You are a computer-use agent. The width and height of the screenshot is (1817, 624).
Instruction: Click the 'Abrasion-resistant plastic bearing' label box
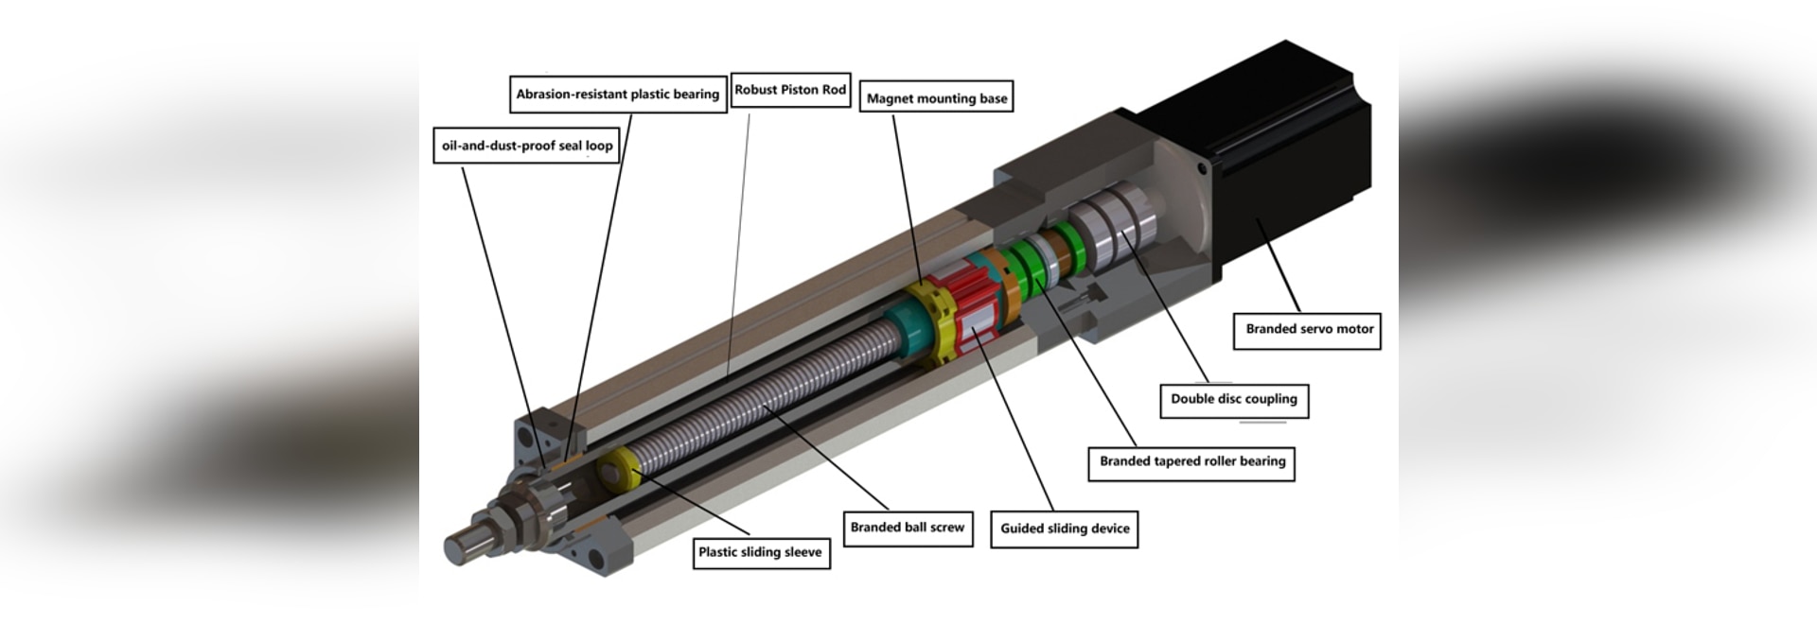(618, 95)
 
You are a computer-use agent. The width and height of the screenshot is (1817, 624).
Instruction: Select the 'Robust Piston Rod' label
(790, 90)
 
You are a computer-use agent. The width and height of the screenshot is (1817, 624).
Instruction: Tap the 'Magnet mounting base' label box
(936, 98)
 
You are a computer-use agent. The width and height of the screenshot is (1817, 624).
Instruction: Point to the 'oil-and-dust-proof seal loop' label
(526, 146)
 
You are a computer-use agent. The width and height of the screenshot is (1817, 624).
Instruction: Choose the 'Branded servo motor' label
(1308, 330)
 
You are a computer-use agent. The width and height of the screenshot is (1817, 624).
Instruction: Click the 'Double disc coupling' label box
(1233, 399)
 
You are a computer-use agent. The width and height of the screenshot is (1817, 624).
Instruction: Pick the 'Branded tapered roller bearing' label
(1191, 462)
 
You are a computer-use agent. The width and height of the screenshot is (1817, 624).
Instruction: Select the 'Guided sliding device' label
(1064, 529)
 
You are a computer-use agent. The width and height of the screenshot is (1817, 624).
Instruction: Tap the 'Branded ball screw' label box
(907, 528)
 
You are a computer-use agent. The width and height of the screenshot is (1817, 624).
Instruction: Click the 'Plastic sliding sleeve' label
(759, 552)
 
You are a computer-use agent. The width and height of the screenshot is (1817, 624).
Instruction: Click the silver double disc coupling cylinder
(1117, 227)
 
